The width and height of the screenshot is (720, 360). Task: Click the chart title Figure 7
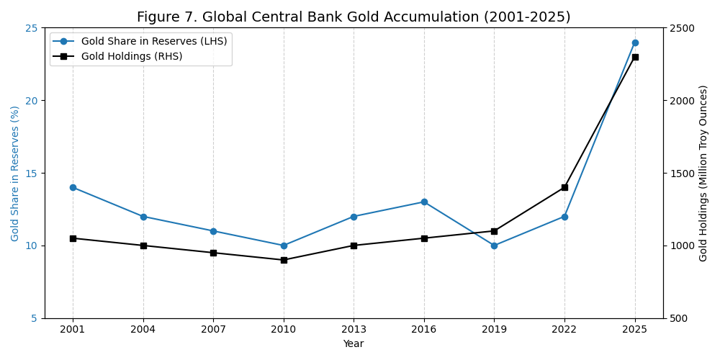[354, 17]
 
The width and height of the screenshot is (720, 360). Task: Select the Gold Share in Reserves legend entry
[153, 42]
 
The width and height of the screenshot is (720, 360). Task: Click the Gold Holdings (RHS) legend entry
[131, 56]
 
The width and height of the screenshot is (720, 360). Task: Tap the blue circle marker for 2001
[73, 187]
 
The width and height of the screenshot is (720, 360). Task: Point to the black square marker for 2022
[564, 187]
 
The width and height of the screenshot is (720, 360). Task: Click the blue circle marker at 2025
[635, 42]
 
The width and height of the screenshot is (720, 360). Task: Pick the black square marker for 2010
[284, 260]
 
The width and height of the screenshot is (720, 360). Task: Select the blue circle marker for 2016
[424, 202]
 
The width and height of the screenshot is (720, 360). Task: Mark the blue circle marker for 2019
[494, 246]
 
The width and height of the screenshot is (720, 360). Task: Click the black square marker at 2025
[635, 57]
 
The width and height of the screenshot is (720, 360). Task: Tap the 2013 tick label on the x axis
[354, 329]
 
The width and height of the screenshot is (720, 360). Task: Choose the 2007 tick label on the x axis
[213, 329]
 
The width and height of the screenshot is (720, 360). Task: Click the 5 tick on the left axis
[35, 318]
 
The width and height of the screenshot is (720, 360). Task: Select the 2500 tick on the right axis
[682, 28]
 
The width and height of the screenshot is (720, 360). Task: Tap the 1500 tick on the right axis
[682, 174]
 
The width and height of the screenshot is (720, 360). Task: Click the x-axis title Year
[354, 344]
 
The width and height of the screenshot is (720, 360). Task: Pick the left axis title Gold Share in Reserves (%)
[15, 173]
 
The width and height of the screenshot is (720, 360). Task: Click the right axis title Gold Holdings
[703, 173]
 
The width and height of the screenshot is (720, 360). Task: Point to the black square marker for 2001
[73, 238]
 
